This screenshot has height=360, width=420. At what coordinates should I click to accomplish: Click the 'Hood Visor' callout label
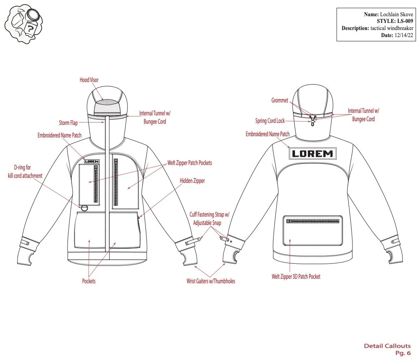pyautogui.click(x=89, y=80)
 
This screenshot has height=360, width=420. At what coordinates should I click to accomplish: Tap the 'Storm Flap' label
pyautogui.click(x=68, y=123)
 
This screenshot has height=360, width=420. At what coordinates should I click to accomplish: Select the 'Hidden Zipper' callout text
pyautogui.click(x=192, y=181)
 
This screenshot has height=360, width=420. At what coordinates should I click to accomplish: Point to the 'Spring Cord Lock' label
pyautogui.click(x=270, y=121)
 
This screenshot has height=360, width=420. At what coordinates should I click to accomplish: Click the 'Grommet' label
pyautogui.click(x=280, y=100)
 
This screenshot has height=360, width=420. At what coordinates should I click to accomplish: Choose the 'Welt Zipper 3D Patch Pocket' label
pyautogui.click(x=296, y=276)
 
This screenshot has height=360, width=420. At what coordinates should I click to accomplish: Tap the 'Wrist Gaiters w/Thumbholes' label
pyautogui.click(x=210, y=281)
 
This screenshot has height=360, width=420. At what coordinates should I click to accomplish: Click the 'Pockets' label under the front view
pyautogui.click(x=89, y=281)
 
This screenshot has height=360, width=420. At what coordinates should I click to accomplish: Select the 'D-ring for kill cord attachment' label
pyautogui.click(x=25, y=172)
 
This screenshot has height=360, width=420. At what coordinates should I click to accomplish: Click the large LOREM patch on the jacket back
pyautogui.click(x=312, y=153)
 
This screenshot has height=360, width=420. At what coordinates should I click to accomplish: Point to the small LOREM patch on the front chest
pyautogui.click(x=92, y=161)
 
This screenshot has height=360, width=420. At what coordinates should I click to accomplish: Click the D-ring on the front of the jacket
pyautogui.click(x=85, y=207)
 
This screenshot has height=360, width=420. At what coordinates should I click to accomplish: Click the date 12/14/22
pyautogui.click(x=403, y=35)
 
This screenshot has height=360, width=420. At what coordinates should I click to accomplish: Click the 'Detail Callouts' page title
pyautogui.click(x=387, y=346)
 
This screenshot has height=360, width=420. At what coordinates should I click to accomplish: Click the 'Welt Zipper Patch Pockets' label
pyautogui.click(x=190, y=163)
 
